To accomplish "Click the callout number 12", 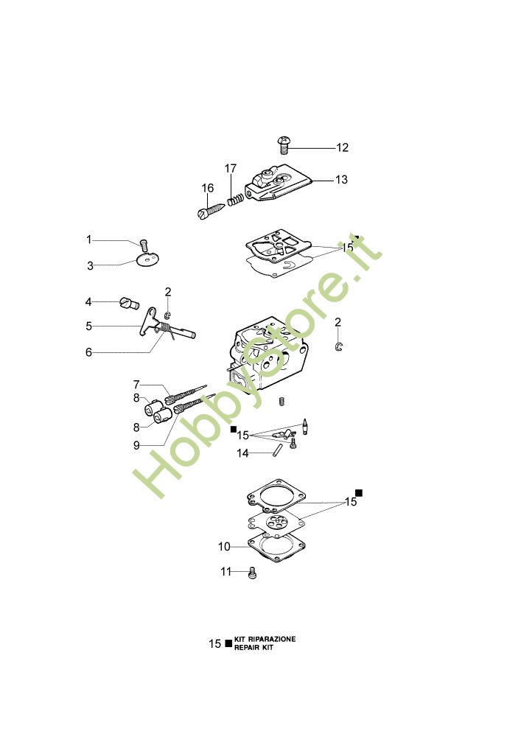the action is click(342, 147).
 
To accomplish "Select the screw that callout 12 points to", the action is click(283, 144).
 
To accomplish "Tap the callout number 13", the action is click(341, 180).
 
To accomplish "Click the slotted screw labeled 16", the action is click(211, 209).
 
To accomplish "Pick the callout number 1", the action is click(88, 240).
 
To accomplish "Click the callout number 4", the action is click(88, 301).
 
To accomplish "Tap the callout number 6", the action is click(88, 352).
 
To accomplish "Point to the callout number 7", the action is click(136, 385).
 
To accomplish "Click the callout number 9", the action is click(136, 445).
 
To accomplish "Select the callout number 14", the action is click(242, 453).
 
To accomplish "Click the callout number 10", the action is click(224, 547).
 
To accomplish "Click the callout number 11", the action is click(226, 572).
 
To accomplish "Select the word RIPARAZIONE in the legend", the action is click(271, 639).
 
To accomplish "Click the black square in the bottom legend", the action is click(228, 643).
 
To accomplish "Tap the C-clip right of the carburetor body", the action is click(339, 347).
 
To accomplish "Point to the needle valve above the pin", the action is click(305, 426).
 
